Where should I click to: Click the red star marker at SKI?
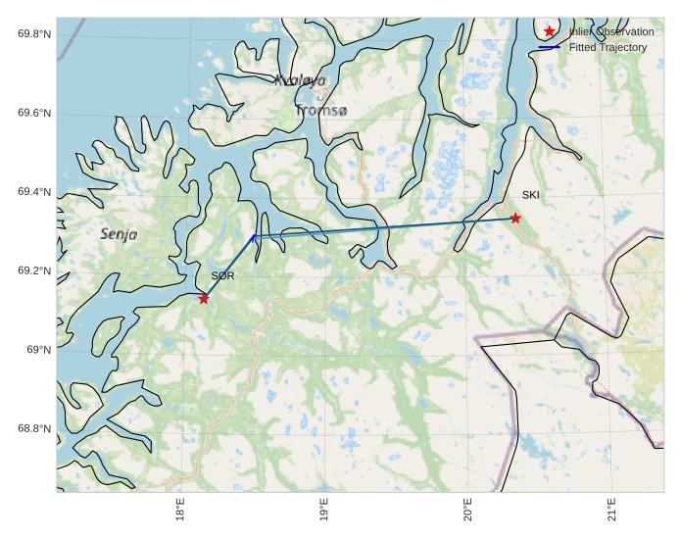(x=515, y=218)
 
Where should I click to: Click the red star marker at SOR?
(x=204, y=298)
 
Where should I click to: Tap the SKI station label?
(x=530, y=195)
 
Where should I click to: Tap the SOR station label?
(x=222, y=276)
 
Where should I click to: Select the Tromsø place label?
(x=320, y=111)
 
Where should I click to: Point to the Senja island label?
(x=119, y=234)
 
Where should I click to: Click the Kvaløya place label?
(x=300, y=80)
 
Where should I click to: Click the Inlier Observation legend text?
(x=610, y=31)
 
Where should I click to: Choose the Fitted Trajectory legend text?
(x=608, y=47)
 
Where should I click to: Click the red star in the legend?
(x=549, y=31)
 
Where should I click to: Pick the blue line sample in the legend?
(x=549, y=47)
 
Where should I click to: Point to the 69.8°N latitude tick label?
(x=34, y=34)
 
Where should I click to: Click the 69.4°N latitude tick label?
(x=34, y=192)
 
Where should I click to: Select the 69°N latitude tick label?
(x=38, y=350)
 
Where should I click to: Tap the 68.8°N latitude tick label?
(x=34, y=429)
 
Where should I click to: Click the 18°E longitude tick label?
(x=180, y=512)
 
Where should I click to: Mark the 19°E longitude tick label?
(x=324, y=512)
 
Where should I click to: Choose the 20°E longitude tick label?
(x=467, y=512)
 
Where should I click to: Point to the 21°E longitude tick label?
(x=611, y=512)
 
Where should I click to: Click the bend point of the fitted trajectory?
(x=253, y=237)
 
